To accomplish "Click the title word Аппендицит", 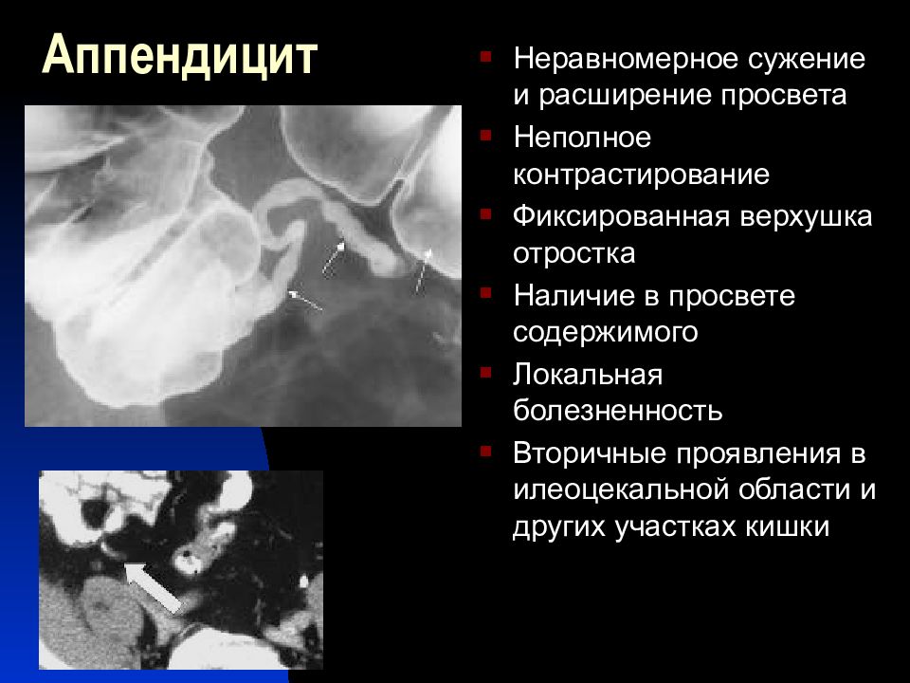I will click(180, 57).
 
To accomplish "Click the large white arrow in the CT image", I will click(154, 586).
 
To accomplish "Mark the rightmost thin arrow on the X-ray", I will click(421, 271).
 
